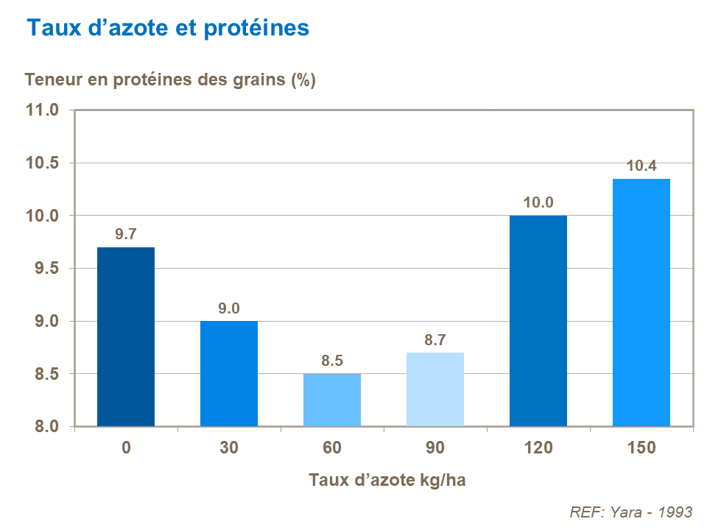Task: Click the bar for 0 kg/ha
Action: [x=126, y=336]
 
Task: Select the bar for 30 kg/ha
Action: [x=229, y=373]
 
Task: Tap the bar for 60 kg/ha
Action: [x=332, y=400]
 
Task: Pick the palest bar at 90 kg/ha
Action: [x=435, y=389]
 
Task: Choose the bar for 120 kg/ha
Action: [x=538, y=321]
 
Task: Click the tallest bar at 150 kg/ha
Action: [x=641, y=303]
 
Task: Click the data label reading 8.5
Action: [x=332, y=361]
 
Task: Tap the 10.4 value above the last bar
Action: [x=641, y=166]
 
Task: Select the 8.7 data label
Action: [x=435, y=341]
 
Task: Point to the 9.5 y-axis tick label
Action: [x=46, y=269]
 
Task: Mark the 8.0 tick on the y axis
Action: [x=46, y=427]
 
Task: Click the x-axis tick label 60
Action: [x=332, y=448]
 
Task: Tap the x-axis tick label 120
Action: [x=538, y=448]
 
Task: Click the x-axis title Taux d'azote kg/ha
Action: [x=387, y=480]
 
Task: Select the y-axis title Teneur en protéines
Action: [x=170, y=80]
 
